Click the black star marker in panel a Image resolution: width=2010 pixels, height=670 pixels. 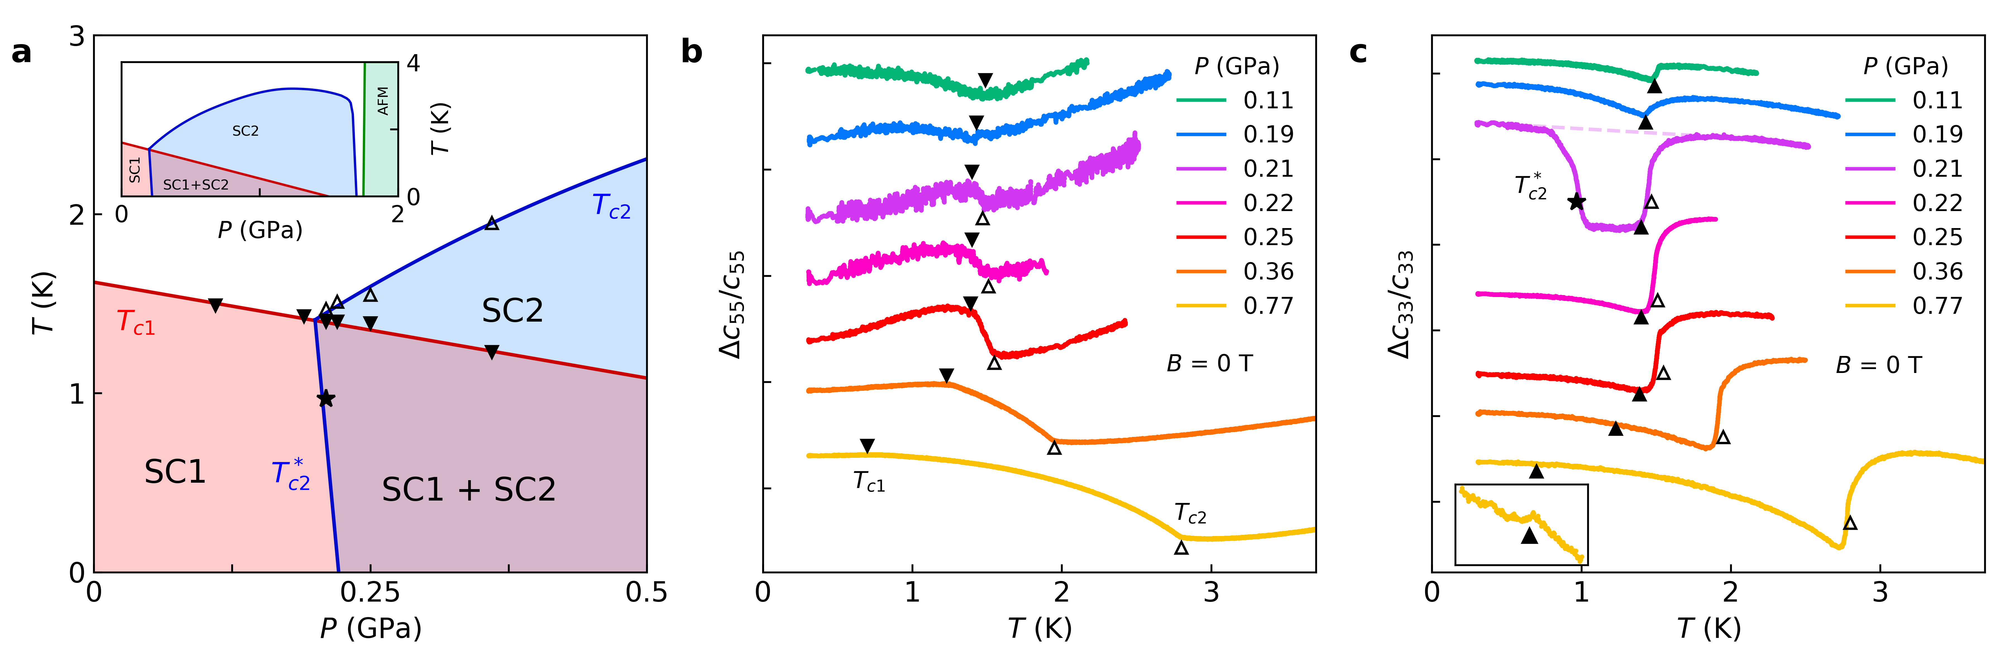326,399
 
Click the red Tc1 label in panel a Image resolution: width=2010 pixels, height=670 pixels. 135,322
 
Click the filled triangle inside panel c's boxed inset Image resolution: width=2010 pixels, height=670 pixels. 1529,536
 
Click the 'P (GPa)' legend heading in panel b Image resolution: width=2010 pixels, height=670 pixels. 1237,66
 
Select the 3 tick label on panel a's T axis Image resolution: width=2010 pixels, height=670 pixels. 76,36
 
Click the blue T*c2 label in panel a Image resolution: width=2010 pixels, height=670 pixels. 290,475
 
